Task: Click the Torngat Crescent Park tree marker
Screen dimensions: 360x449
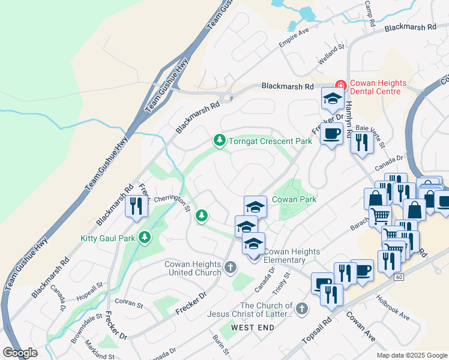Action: click(220, 140)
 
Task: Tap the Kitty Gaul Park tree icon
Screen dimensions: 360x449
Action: click(144, 238)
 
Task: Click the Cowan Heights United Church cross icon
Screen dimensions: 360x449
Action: click(231, 267)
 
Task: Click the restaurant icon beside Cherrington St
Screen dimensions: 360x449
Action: click(136, 206)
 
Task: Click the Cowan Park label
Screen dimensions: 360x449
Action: click(294, 199)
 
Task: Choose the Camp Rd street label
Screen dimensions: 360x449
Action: click(369, 12)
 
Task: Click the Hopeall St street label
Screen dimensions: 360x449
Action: click(89, 286)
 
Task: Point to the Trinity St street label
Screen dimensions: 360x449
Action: click(282, 283)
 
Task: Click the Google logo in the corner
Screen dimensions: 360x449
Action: click(20, 353)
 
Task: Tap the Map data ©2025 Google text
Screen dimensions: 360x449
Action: click(411, 355)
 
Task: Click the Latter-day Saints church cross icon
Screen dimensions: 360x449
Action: click(301, 309)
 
